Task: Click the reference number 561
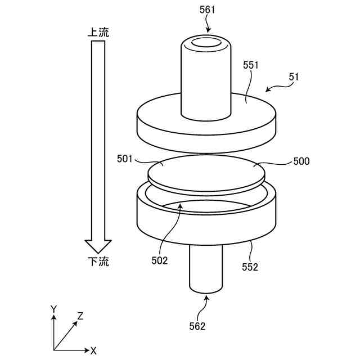click(x=206, y=10)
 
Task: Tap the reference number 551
click(x=251, y=65)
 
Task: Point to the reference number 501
click(x=125, y=159)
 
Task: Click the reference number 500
click(x=301, y=161)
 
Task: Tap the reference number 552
click(x=250, y=267)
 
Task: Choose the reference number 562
click(x=197, y=326)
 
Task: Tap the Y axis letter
click(x=53, y=309)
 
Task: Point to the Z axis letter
click(x=80, y=316)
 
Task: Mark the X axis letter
click(x=93, y=350)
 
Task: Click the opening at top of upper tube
click(x=206, y=43)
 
